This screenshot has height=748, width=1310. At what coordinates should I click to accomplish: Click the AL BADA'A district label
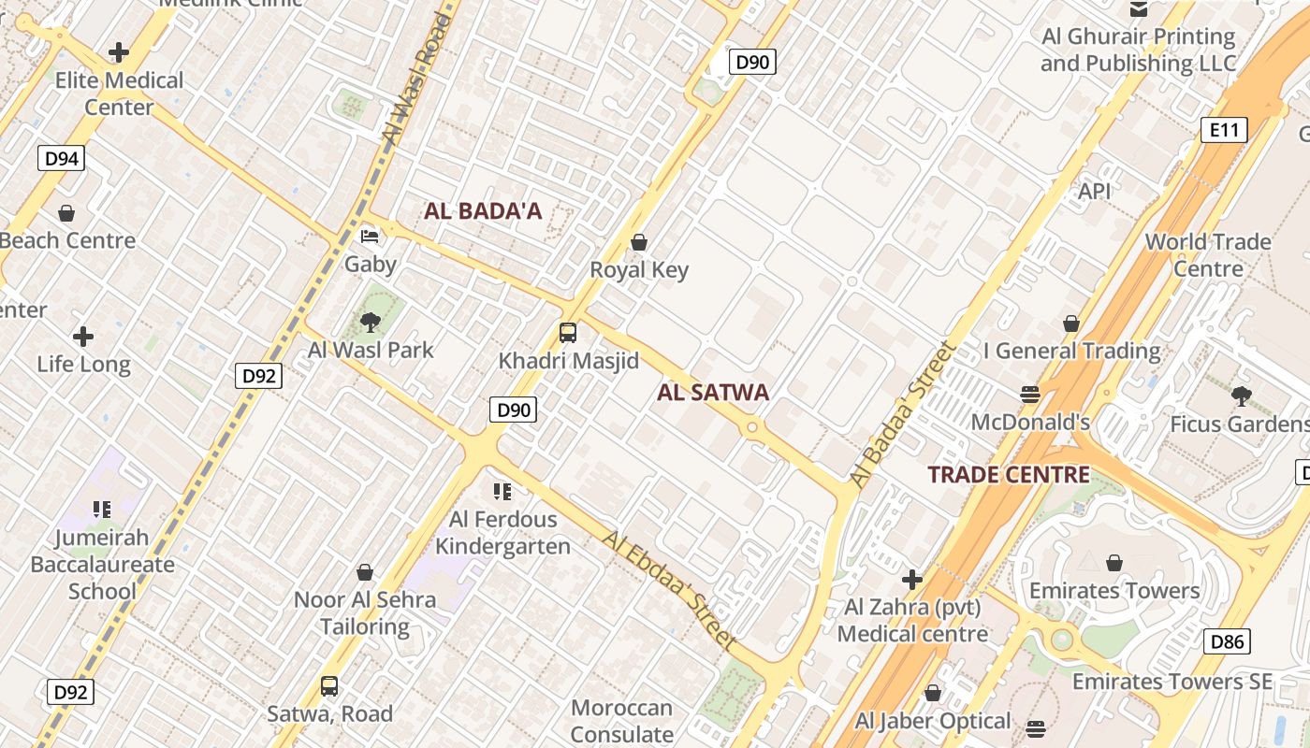pos(483,211)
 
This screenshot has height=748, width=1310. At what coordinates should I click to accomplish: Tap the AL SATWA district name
pos(713,393)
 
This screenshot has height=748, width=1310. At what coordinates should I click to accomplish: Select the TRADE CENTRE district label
pos(1009,475)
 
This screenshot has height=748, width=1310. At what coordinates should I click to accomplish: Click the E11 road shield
pos(1224,130)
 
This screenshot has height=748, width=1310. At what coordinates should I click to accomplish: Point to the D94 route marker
pos(62,158)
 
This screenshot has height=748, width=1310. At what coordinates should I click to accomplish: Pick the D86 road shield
pos(1227,641)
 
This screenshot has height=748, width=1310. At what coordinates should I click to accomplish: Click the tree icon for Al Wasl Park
pos(371,323)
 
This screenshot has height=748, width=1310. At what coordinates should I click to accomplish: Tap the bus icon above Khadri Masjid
pos(568,333)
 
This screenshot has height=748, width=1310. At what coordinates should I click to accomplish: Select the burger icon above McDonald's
pos(1030,395)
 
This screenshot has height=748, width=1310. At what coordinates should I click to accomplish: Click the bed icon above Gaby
pos(371,236)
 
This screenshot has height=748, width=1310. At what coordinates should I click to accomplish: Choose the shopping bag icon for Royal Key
pos(639,243)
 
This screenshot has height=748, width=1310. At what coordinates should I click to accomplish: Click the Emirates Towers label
pos(1113,591)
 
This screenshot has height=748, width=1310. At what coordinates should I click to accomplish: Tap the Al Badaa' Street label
pos(904,414)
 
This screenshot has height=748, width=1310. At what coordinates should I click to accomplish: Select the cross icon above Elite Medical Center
pos(119,52)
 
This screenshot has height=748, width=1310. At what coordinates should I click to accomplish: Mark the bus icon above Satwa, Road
pos(329,686)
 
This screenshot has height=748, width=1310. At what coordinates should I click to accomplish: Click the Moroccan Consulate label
pos(621,721)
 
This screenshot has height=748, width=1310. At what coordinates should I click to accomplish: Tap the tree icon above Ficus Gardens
pos(1242,396)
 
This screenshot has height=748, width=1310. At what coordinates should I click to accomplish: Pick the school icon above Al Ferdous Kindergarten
pos(502,492)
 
